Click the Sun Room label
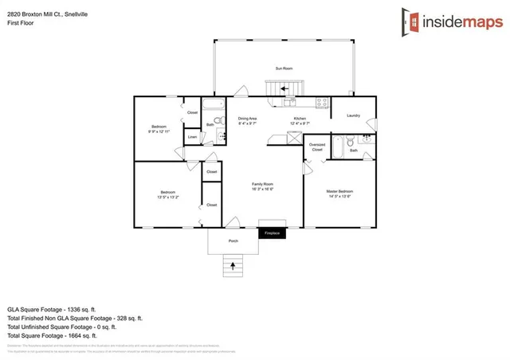click(284, 69)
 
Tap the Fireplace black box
click(273, 233)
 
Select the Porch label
click(233, 241)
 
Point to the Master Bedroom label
click(339, 193)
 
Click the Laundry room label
click(354, 116)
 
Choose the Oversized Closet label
click(317, 147)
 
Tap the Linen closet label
click(192, 139)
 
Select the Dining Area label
click(247, 119)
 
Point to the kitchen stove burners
click(322, 102)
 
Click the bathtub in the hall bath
click(213, 105)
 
